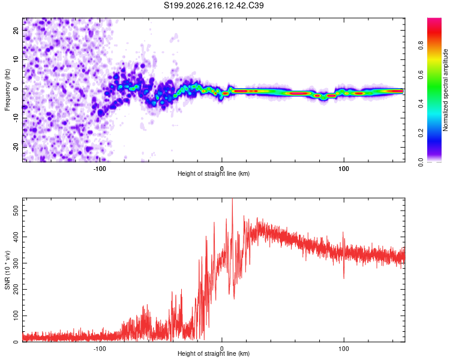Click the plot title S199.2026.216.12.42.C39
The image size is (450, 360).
click(x=214, y=5)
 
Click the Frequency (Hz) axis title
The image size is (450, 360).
click(x=7, y=90)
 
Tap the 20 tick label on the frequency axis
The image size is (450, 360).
click(x=16, y=31)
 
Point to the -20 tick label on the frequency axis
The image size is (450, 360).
click(x=16, y=147)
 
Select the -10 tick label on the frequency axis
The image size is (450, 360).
click(x=16, y=118)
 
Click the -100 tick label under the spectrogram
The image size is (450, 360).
click(x=100, y=169)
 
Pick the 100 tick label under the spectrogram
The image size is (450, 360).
click(x=344, y=169)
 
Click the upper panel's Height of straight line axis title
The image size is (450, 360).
click(x=214, y=173)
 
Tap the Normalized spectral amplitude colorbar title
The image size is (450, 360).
click(x=445, y=90)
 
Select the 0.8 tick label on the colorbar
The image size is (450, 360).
click(x=421, y=46)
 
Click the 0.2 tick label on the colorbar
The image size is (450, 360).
click(x=421, y=133)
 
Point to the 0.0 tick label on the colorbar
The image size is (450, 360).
click(x=421, y=162)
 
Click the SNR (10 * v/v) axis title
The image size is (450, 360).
click(x=7, y=270)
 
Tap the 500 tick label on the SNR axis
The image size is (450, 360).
click(x=16, y=211)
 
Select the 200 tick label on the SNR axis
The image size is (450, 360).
click(x=16, y=289)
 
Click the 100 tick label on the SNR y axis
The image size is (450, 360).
click(x=16, y=316)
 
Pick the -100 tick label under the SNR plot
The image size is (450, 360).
click(x=100, y=349)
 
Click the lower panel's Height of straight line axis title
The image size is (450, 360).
click(x=214, y=353)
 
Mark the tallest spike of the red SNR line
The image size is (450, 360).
click(x=232, y=199)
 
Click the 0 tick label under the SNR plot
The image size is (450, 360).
click(x=221, y=349)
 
